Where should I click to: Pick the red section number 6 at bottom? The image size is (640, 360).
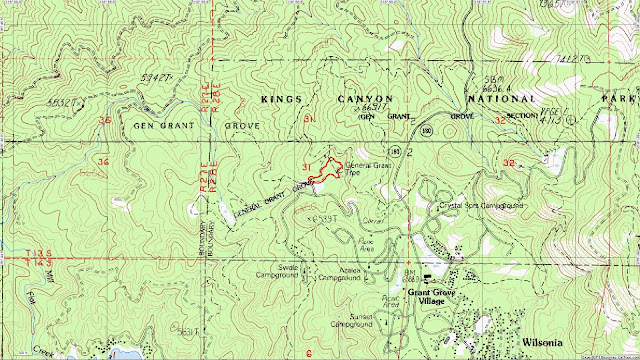tap(310, 353)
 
